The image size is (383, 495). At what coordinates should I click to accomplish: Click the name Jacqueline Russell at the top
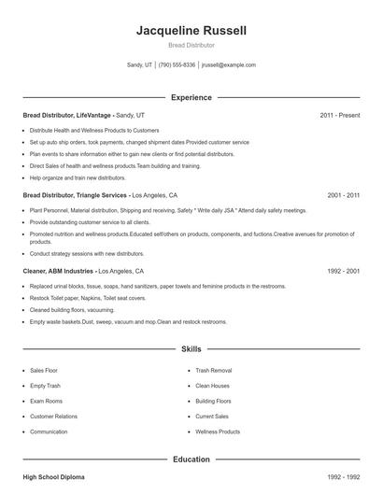click(x=191, y=30)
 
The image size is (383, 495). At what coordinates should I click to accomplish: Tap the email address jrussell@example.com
click(x=228, y=65)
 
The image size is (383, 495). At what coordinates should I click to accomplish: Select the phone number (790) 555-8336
click(x=177, y=65)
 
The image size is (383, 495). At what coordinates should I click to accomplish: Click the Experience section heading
click(x=191, y=97)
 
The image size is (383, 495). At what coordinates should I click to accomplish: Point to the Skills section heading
click(x=191, y=349)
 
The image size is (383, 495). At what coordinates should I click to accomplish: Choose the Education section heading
click(x=191, y=460)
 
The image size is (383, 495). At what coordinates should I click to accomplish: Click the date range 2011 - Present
click(x=339, y=115)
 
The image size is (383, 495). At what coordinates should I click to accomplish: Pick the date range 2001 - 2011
click(x=344, y=195)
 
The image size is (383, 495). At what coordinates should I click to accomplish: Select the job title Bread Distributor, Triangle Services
click(x=75, y=195)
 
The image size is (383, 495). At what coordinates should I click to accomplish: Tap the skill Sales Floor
click(x=44, y=370)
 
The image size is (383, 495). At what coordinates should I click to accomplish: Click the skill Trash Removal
click(x=214, y=370)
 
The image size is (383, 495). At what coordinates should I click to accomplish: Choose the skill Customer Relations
click(x=53, y=417)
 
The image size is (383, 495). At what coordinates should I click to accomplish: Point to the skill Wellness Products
click(x=218, y=432)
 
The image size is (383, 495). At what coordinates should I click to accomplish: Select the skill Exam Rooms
click(x=45, y=401)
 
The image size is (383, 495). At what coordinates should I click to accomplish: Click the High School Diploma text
click(x=53, y=477)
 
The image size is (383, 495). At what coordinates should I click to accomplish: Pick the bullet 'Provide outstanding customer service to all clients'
click(x=90, y=222)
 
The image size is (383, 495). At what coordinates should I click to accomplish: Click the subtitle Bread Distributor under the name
click(x=191, y=45)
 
